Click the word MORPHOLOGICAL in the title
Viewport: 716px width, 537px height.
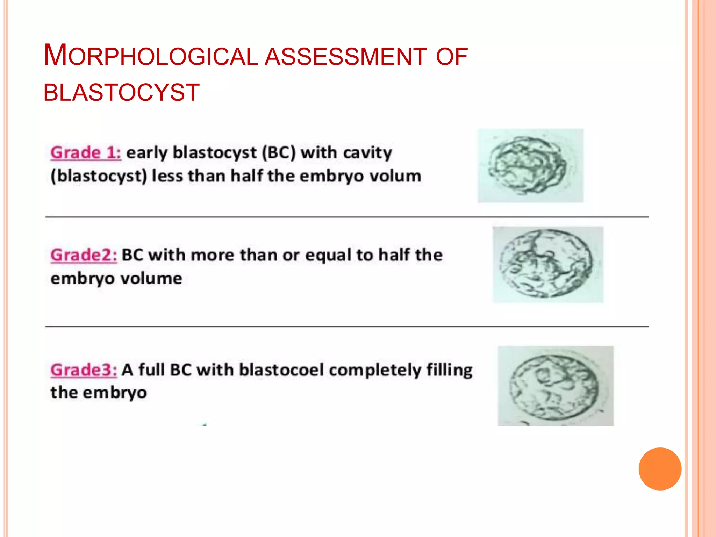tap(150, 56)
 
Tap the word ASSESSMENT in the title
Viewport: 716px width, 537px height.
tap(345, 57)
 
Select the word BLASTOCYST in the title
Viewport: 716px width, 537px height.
tap(121, 93)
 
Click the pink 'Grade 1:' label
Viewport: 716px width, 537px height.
tap(86, 153)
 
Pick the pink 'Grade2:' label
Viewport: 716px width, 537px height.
tap(84, 255)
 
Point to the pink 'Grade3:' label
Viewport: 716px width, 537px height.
tap(84, 370)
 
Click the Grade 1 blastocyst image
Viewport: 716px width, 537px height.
tap(530, 166)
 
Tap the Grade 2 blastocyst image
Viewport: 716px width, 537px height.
tap(548, 265)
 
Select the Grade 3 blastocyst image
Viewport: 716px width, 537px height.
tap(556, 386)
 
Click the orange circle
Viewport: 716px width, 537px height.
tap(660, 469)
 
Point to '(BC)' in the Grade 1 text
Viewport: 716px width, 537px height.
tap(279, 153)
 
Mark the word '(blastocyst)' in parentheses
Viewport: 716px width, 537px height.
tap(99, 176)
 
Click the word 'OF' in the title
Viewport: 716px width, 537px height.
tap(452, 57)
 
